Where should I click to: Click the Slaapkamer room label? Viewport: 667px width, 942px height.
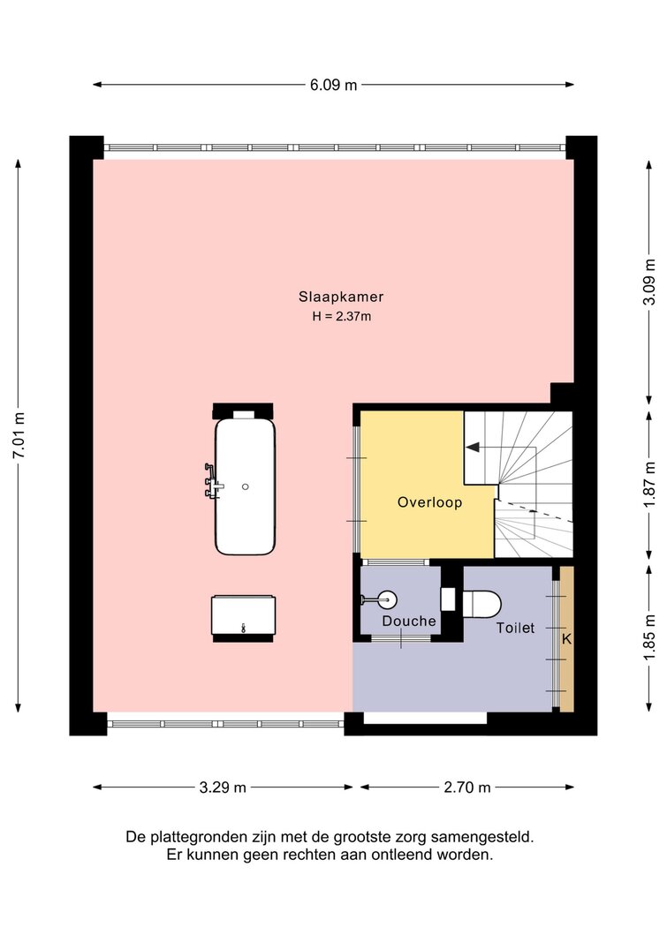tap(341, 296)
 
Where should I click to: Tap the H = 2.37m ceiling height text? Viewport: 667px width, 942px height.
tap(341, 316)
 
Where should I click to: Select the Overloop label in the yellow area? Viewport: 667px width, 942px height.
tap(429, 502)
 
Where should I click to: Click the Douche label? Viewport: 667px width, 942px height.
tap(409, 621)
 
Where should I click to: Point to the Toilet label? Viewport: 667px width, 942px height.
tap(515, 628)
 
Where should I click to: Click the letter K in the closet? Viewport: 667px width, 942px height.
tap(566, 639)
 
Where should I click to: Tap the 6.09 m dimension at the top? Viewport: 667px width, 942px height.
tap(334, 86)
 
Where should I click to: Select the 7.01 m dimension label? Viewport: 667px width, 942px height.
tap(19, 435)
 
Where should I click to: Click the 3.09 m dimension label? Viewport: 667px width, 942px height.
tap(649, 282)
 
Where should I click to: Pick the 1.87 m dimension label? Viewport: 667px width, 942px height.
tap(649, 484)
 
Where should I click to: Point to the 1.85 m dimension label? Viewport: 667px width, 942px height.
tap(649, 637)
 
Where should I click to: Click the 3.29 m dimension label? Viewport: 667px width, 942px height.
tap(223, 787)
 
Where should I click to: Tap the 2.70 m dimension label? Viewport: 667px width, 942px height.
tap(466, 787)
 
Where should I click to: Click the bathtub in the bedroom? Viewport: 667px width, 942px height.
tap(246, 486)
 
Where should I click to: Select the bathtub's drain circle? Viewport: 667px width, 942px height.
tap(246, 486)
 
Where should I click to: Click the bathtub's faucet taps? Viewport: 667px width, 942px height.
tap(212, 480)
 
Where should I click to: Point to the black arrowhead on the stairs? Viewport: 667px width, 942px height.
tap(473, 447)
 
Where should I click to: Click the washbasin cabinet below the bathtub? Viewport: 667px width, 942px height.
tap(243, 615)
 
